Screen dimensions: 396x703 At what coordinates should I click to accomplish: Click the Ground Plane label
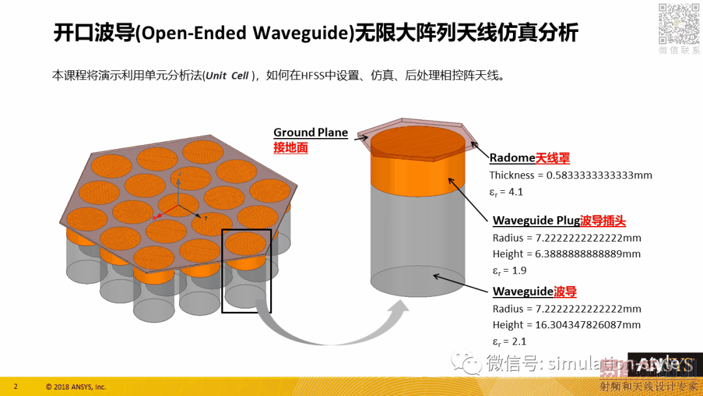tap(310, 133)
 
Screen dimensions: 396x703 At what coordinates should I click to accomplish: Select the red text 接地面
tap(290, 148)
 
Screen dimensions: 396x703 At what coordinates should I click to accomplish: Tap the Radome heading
tap(512, 158)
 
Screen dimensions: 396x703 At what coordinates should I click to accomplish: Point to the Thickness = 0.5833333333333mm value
tap(570, 175)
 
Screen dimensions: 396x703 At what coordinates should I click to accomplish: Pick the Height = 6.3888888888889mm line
tap(566, 254)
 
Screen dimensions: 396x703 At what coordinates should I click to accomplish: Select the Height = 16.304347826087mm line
tap(566, 325)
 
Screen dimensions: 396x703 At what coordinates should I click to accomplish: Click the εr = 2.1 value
tap(509, 341)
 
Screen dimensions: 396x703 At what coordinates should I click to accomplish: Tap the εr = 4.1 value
tap(506, 192)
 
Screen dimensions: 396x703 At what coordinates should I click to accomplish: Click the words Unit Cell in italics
tap(227, 76)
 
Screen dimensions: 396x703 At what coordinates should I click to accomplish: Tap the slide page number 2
tap(16, 386)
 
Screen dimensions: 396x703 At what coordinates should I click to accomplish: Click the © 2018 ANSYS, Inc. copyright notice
tap(76, 387)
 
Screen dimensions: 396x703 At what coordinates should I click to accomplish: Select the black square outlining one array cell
tap(246, 270)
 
